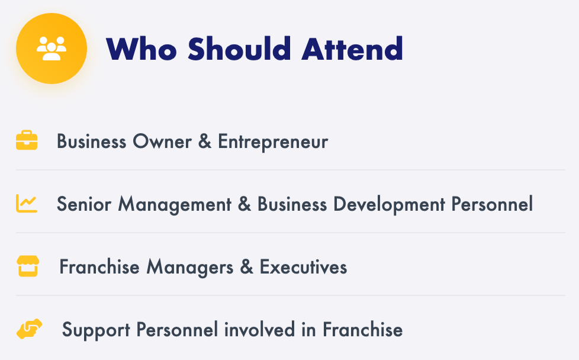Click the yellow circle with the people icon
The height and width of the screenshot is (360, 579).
coord(52,49)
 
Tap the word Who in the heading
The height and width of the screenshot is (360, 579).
coord(141,49)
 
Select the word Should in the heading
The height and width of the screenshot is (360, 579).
coord(240,49)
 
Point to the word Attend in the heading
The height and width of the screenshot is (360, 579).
coord(352,49)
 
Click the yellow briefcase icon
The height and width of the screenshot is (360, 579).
coord(27,140)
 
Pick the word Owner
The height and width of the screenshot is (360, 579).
coord(162,142)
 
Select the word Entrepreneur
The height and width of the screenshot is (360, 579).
coord(273,142)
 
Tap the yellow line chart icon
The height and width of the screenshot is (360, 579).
coord(27,204)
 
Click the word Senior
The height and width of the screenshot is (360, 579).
coord(84,204)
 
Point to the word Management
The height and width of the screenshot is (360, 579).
coord(175,205)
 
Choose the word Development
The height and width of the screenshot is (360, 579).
coord(389,205)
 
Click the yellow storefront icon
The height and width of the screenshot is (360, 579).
coord(28,266)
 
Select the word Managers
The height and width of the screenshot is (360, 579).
coord(190,268)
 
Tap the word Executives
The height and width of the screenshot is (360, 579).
coord(304,267)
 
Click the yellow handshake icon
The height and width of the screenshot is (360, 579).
coord(29,329)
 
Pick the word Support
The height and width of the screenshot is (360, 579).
coord(96,330)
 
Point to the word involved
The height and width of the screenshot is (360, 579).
coord(259,330)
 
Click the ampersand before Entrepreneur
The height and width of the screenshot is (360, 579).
coord(205,142)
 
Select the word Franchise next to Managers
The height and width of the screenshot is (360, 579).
coord(99,267)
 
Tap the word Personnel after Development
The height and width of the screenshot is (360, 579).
coord(492,204)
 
